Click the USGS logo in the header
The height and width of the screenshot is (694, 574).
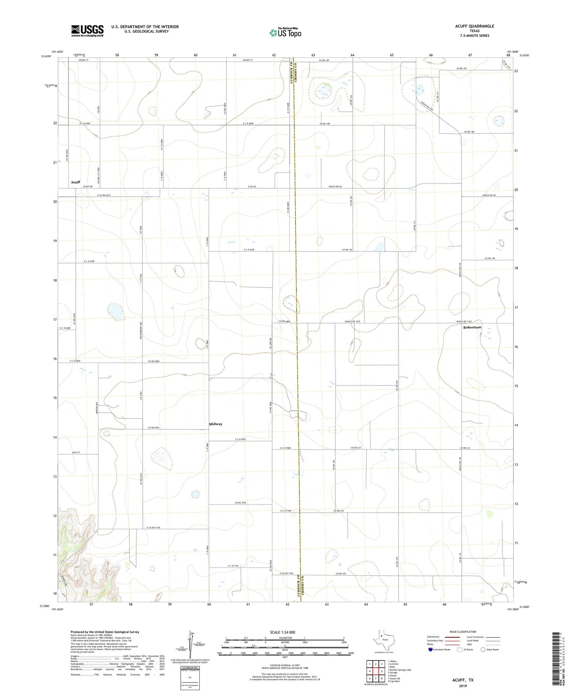(x=87, y=31)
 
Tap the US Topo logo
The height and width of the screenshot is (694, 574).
(x=285, y=33)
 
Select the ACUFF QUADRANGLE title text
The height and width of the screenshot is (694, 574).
(x=475, y=26)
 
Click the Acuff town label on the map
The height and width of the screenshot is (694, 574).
(x=75, y=182)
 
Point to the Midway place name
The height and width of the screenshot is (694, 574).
(x=215, y=424)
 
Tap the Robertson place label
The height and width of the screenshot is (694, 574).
(x=472, y=328)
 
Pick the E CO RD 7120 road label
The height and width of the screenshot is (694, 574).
(x=153, y=528)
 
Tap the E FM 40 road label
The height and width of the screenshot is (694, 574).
(x=251, y=186)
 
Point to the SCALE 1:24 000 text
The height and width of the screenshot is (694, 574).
(x=285, y=632)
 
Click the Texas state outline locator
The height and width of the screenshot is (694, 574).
(x=381, y=639)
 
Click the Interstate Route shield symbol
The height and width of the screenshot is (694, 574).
(x=430, y=650)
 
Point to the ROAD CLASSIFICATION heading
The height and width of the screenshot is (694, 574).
(x=463, y=632)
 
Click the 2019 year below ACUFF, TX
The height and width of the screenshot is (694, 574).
(x=463, y=686)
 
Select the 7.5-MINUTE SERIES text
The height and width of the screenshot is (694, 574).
(x=475, y=36)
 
